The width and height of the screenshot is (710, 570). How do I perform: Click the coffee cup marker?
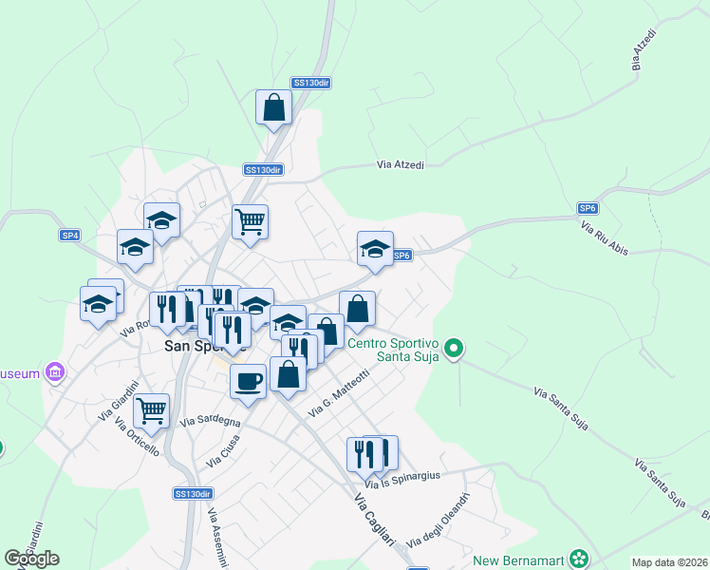248,382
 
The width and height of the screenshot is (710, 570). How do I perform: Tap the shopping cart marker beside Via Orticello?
151,411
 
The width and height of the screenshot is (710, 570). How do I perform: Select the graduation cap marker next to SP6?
375,250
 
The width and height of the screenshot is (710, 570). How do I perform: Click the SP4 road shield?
70,235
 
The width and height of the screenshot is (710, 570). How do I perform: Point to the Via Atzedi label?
401,164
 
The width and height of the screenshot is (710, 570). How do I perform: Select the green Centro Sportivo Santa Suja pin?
454,350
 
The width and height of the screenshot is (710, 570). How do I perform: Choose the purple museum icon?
55,370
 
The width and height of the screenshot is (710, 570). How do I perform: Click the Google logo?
31,559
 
